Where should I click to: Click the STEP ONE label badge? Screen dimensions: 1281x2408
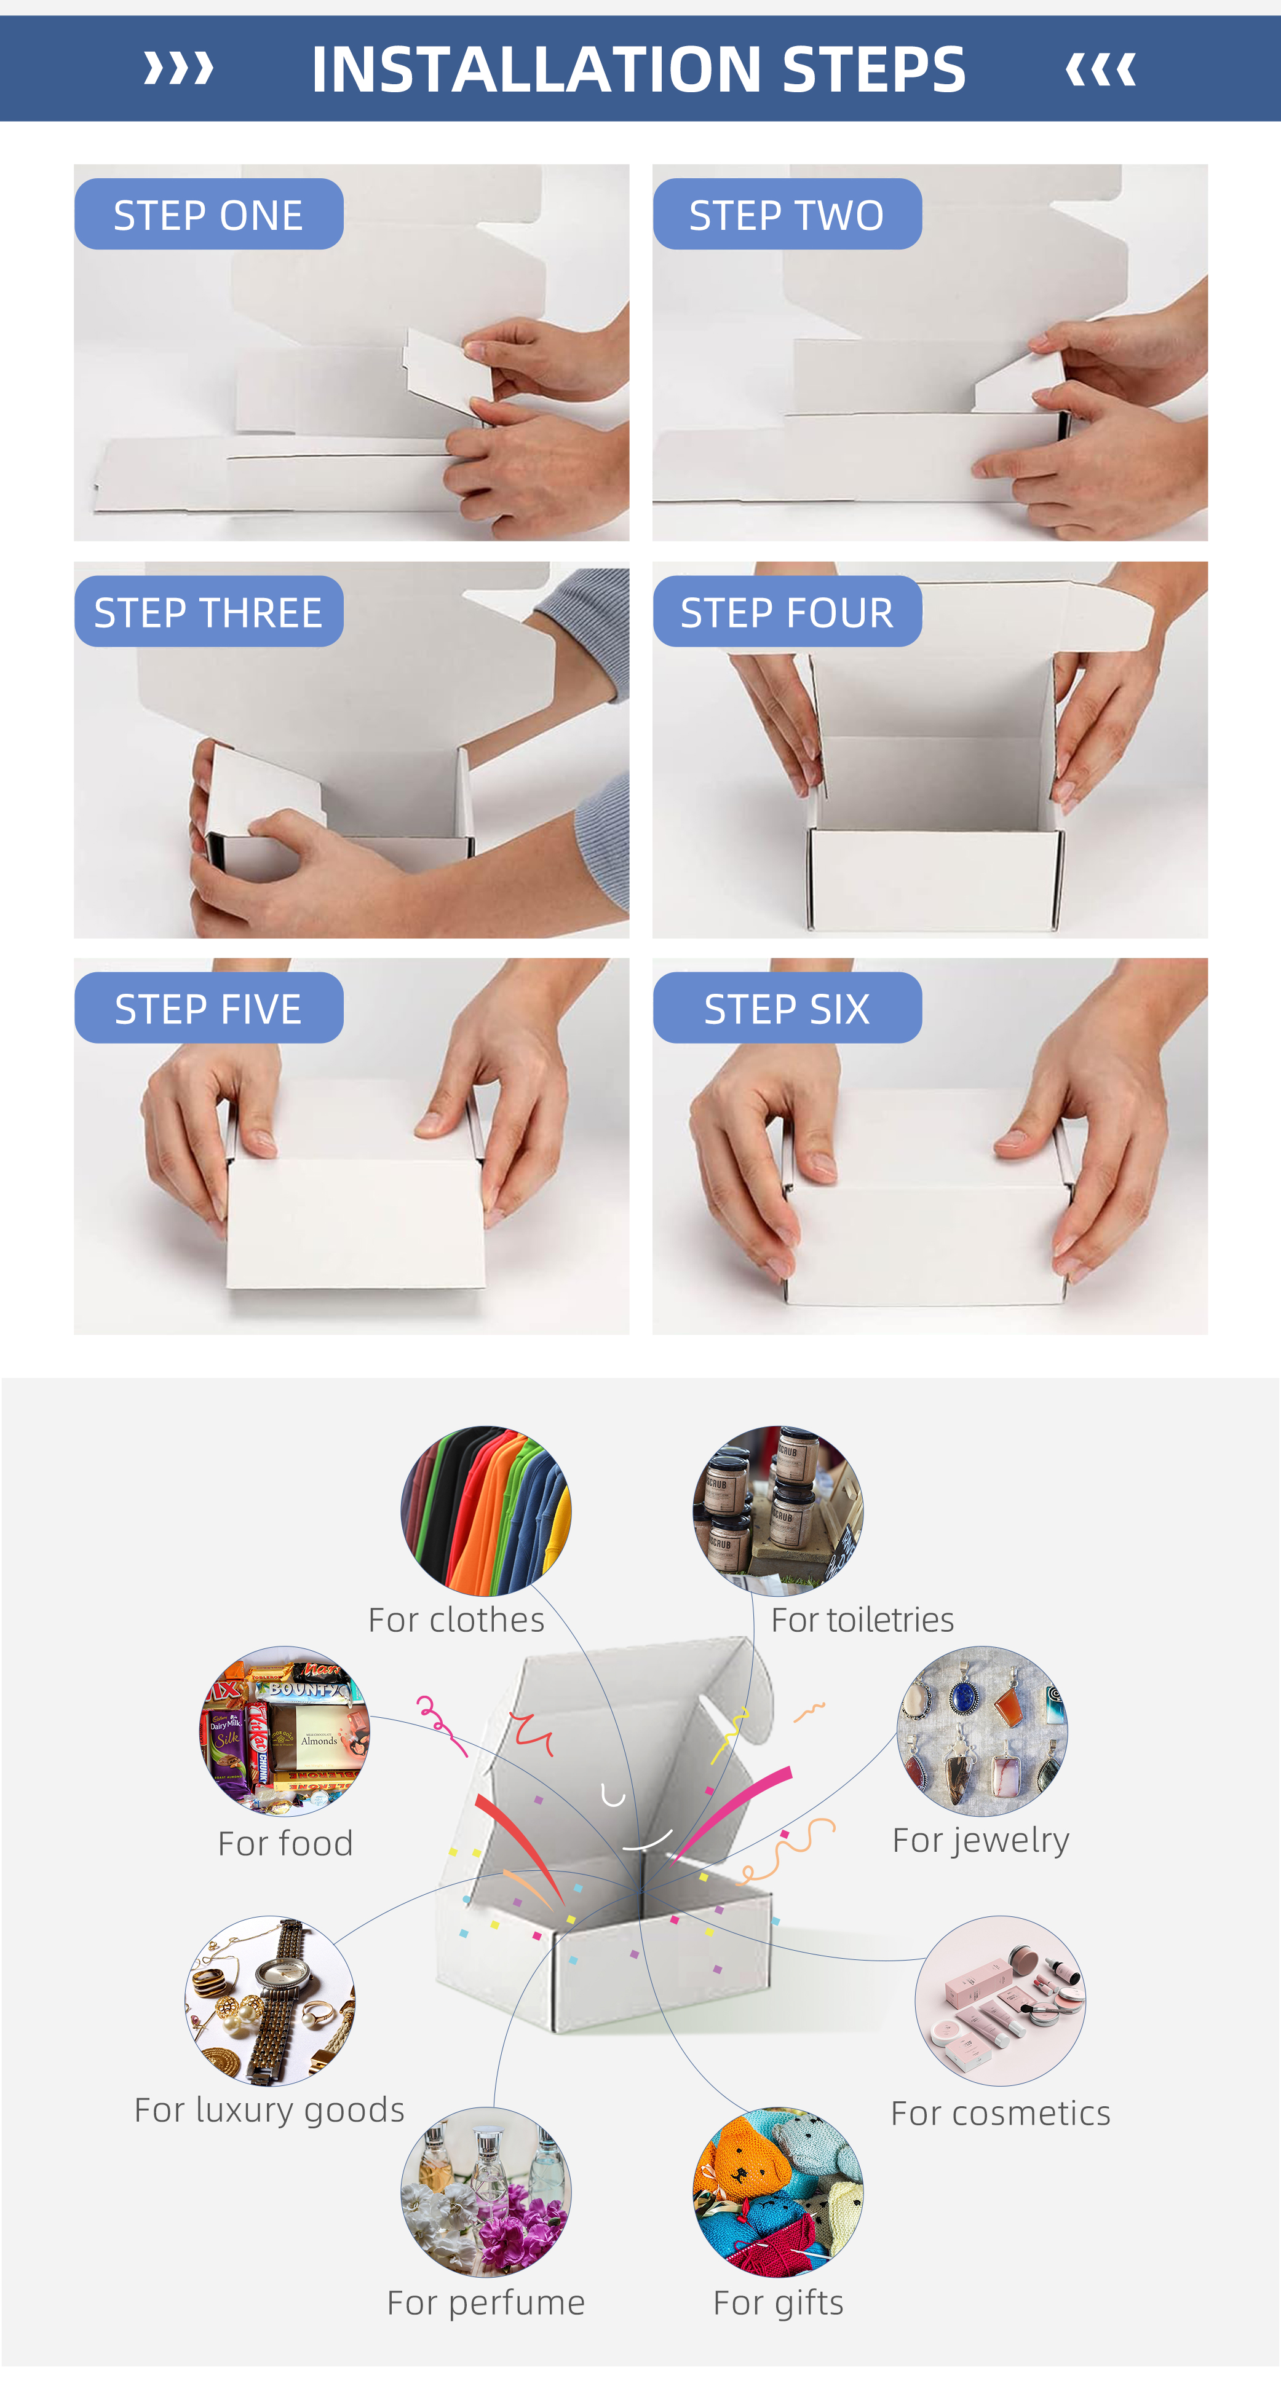(208, 214)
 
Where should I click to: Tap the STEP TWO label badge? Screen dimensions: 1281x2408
(787, 214)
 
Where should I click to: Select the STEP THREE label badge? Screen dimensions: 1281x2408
(208, 612)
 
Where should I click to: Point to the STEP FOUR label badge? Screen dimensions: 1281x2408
(787, 612)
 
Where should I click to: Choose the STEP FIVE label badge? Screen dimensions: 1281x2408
(208, 1008)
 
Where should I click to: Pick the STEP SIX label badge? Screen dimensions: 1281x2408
(787, 1008)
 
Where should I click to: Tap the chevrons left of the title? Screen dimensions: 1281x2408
(178, 68)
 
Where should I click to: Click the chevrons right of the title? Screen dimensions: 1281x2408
(1101, 68)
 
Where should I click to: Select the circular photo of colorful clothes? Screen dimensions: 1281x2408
(486, 1511)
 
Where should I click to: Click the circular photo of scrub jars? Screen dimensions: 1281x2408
(778, 1511)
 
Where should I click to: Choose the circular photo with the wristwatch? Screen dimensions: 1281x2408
(270, 2001)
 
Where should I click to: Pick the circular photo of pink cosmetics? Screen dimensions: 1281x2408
(1001, 2001)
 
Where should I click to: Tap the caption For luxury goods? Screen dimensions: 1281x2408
(269, 2111)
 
